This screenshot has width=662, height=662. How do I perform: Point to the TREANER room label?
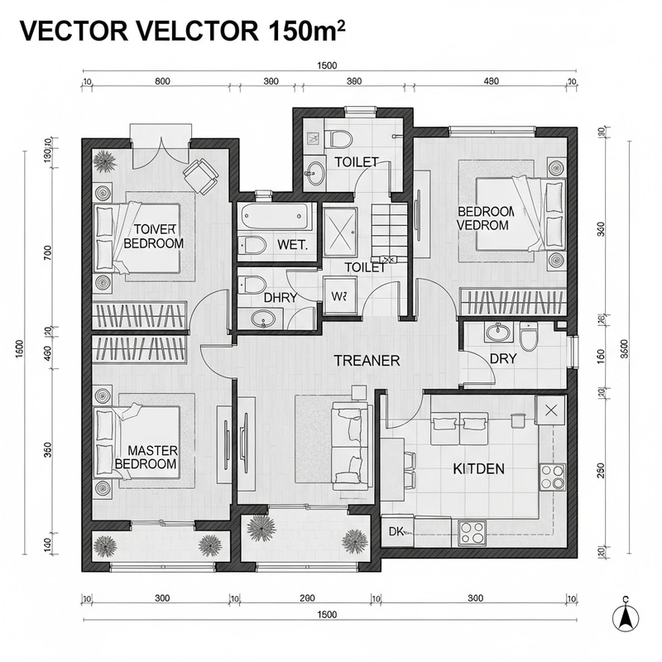[367, 361]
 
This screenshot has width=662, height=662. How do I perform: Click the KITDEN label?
[478, 468]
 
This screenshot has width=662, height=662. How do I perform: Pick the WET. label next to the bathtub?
[293, 245]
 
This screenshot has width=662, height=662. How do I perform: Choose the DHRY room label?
[281, 297]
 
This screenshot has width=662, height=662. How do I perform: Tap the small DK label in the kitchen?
[396, 532]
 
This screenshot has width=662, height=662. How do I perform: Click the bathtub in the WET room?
[276, 218]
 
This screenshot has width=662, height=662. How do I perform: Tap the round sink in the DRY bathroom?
[499, 333]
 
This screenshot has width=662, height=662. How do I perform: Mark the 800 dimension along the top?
[162, 81]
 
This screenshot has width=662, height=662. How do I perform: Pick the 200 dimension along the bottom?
[307, 598]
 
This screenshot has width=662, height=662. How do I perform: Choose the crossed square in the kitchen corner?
[550, 408]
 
